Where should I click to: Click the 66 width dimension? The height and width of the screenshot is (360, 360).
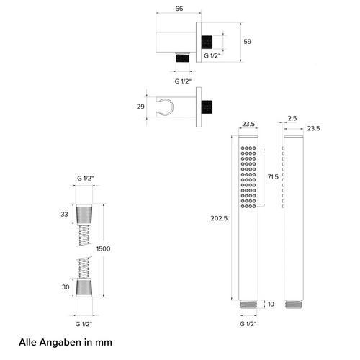(179, 9)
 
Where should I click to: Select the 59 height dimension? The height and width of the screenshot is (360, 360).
(248, 42)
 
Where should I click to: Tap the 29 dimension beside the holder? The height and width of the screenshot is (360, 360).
(140, 107)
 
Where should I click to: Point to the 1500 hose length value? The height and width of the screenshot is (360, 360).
(104, 248)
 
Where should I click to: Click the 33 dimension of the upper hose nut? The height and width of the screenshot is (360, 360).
(64, 214)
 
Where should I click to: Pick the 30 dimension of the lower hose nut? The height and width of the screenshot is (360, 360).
(66, 287)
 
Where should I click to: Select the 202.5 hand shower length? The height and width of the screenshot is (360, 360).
(219, 218)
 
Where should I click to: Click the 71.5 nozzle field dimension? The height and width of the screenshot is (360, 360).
(273, 177)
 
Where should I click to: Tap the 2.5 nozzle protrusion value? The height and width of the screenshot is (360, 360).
(292, 118)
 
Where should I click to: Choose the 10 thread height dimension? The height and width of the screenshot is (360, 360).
(271, 305)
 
